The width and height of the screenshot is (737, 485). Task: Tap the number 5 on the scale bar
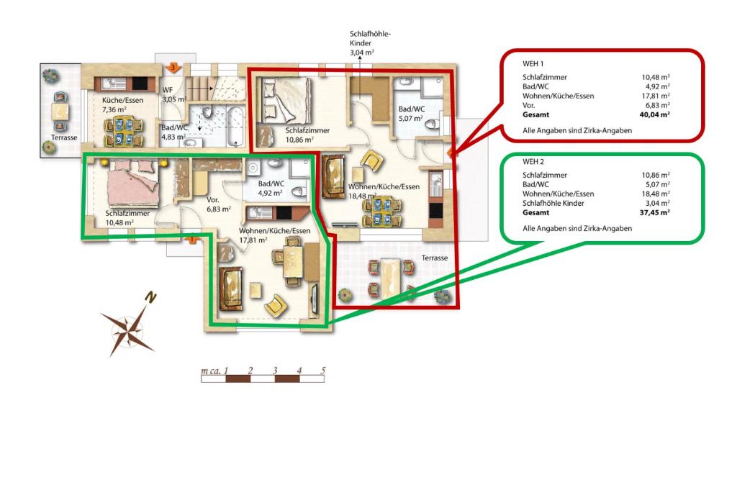pos(323,371)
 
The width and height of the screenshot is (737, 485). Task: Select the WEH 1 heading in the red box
pos(533,63)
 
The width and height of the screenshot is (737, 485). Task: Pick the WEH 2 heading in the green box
pos(533,162)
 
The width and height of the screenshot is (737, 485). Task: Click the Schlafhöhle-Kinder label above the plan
pos(370,43)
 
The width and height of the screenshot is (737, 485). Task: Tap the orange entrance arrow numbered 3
pos(173,68)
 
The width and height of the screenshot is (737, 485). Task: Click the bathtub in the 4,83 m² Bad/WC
pos(235,126)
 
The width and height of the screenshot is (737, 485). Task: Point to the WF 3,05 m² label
pos(174,94)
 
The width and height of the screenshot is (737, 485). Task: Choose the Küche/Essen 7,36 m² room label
pos(122,105)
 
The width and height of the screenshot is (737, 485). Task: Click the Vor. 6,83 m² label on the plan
pos(219,204)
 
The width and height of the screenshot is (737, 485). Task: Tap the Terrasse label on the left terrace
pos(64,137)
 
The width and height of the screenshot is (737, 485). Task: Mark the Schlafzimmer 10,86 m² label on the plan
pos(307,135)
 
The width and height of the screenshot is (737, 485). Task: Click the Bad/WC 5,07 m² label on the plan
pos(411,114)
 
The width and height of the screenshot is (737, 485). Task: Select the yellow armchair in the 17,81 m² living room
pos(276,306)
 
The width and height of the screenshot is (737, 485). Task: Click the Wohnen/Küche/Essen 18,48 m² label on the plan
pos(384,191)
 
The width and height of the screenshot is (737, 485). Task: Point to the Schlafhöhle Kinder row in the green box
pos(596,203)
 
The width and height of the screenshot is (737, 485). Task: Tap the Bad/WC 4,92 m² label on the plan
pos(271,189)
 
